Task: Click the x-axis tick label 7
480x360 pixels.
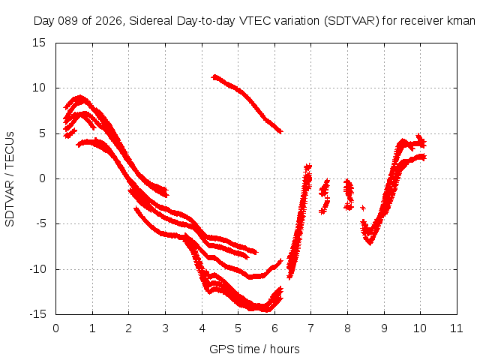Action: coord(311,328)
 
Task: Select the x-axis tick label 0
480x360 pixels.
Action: coord(56,328)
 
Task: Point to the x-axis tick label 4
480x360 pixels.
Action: coord(202,328)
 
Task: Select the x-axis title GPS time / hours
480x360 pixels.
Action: coord(255,349)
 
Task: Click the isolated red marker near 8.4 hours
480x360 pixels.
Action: coord(363,208)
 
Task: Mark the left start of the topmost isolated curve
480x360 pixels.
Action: coord(214,76)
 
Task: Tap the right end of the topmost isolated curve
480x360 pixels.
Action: coord(280,131)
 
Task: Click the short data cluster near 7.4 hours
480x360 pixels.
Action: coord(324,196)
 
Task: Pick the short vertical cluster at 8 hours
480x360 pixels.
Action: coord(348,193)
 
